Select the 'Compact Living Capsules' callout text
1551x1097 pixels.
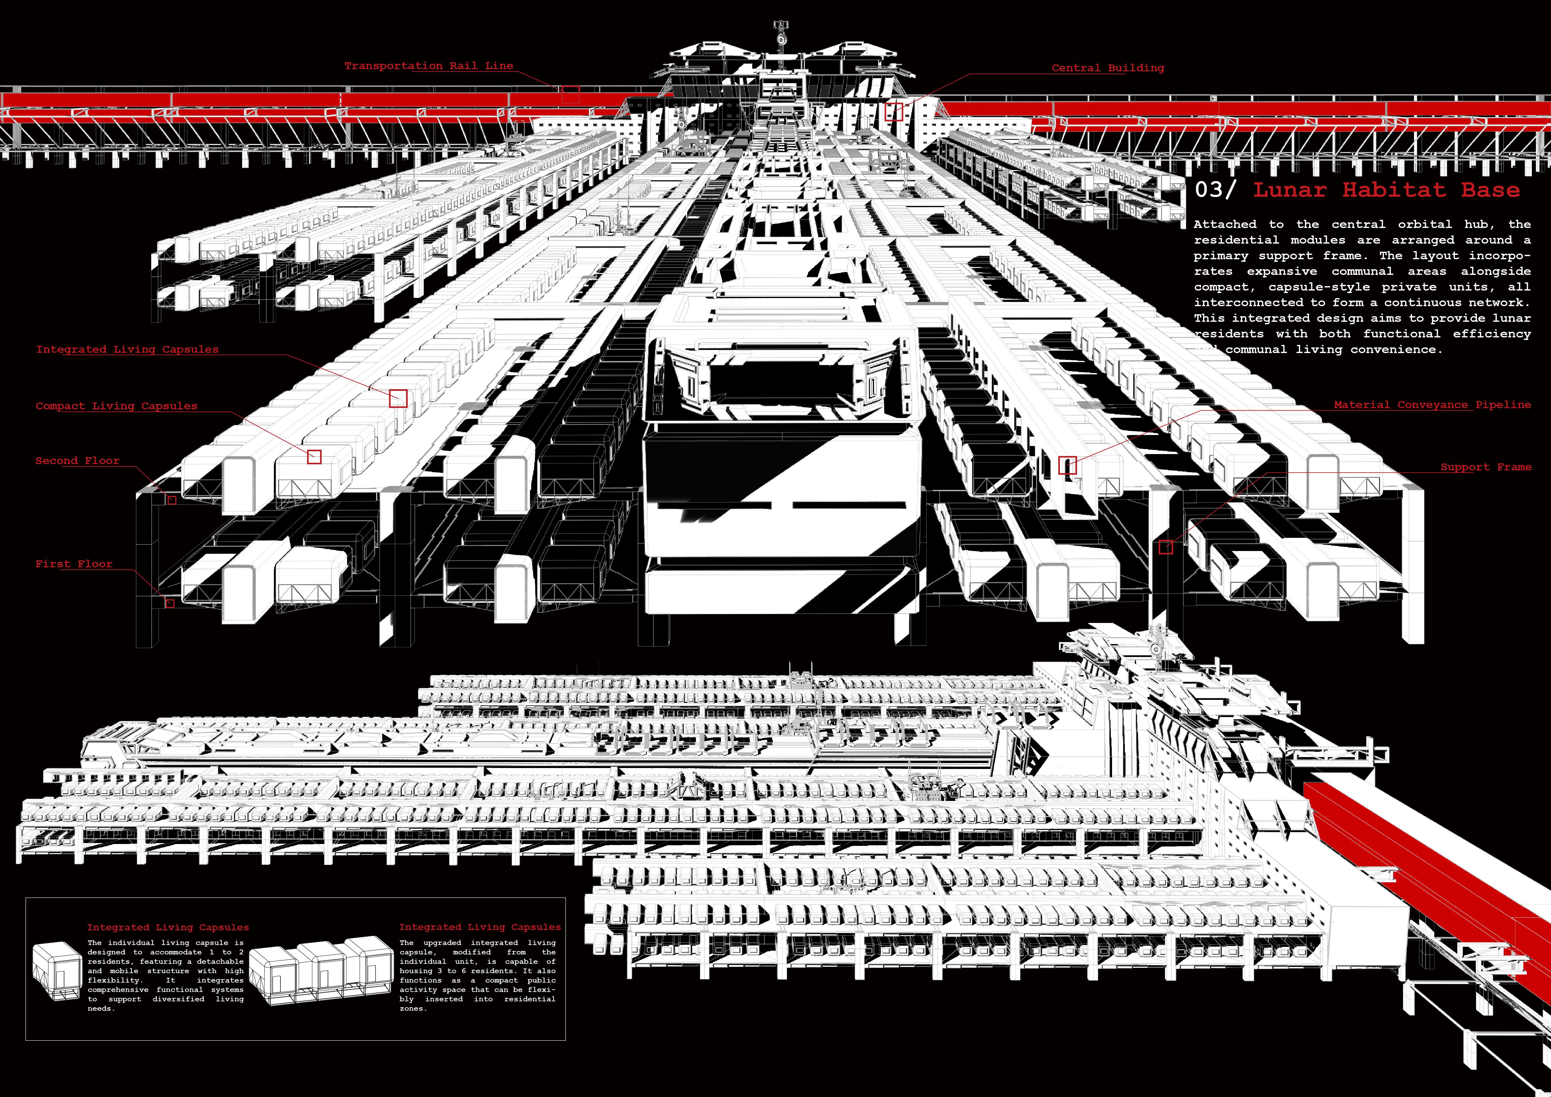click(x=116, y=406)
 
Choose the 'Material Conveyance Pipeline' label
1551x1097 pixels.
click(x=1432, y=405)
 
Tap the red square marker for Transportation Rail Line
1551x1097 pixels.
click(x=571, y=94)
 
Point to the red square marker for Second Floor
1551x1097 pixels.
click(x=172, y=500)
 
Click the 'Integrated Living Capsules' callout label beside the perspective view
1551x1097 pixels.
click(x=127, y=349)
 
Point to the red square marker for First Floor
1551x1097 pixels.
click(x=169, y=603)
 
